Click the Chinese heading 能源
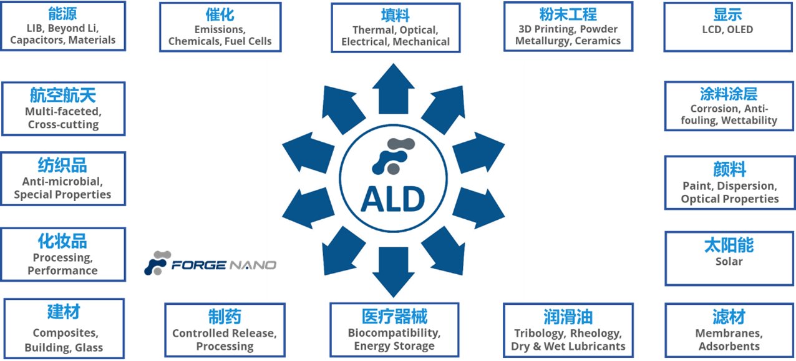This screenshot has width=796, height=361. pos(63,14)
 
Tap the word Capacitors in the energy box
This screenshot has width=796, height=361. pos(34,40)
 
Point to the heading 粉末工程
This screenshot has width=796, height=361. pos(568,14)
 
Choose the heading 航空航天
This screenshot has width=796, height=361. pos(63,95)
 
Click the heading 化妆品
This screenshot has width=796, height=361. pos(63,241)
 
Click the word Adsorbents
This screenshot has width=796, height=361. pos(729,346)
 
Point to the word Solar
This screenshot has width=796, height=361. pos(729,261)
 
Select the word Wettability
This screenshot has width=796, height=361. pos(749,120)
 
